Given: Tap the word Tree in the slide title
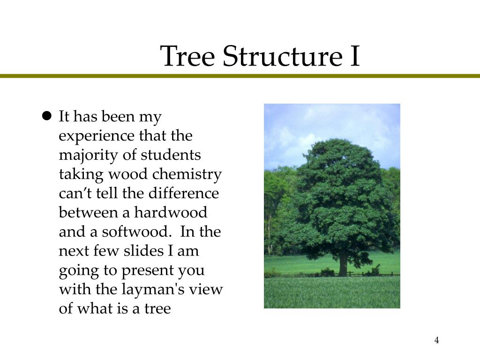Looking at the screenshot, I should (187, 56).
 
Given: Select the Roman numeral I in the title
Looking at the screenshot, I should (354, 56).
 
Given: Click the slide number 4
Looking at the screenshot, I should (436, 340).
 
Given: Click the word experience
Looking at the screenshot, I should (97, 136).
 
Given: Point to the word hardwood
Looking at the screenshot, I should (171, 213).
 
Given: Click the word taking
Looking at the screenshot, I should (77, 174).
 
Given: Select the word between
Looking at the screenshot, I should (88, 213).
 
